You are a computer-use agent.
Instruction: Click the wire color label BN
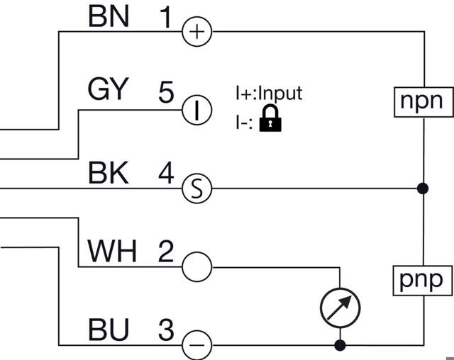point(109,17)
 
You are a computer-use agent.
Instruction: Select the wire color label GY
point(108,91)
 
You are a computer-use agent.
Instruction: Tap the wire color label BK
point(108,173)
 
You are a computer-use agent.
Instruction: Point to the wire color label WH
point(111,252)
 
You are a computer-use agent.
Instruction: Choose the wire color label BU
point(109,330)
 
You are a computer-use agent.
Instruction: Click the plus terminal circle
point(197,32)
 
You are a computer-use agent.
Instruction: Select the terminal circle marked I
point(197,110)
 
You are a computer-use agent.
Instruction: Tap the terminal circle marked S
point(197,189)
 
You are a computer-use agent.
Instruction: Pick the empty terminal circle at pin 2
point(197,267)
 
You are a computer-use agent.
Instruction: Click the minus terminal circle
point(197,346)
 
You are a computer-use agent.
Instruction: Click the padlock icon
point(270,118)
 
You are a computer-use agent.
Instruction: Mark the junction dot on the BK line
point(423,189)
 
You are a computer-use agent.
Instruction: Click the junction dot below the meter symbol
point(340,346)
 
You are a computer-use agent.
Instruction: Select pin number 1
point(165,17)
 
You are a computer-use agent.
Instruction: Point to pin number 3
point(165,330)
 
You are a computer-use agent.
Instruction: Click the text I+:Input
point(269,93)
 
